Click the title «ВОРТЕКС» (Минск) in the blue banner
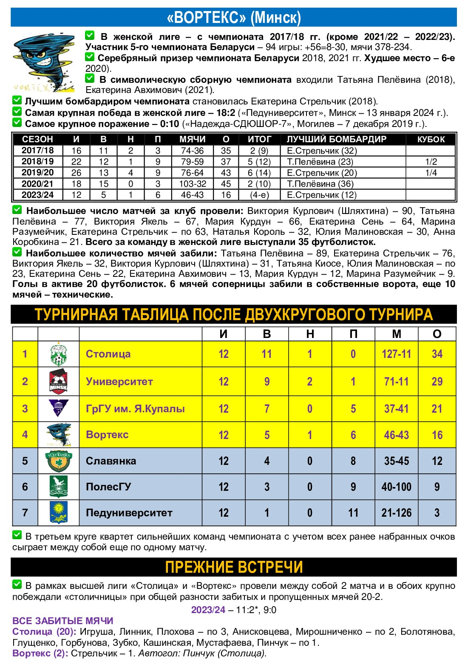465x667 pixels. [x=233, y=17]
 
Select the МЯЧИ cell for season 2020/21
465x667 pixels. [x=192, y=184]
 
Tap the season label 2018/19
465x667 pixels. [x=38, y=162]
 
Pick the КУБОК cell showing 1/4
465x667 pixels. [x=431, y=173]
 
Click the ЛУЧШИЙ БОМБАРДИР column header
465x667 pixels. [x=336, y=139]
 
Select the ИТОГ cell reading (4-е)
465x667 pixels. [x=259, y=195]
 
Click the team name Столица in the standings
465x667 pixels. [x=108, y=354]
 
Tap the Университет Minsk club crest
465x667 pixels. [x=58, y=381]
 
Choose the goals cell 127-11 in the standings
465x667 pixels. [x=396, y=354]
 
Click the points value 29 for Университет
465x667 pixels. [x=437, y=381]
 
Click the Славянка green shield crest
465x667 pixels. [x=58, y=461]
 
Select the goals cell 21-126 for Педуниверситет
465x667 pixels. [x=396, y=513]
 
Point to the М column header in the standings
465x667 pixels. [x=396, y=334]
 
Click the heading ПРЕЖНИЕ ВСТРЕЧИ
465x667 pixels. [x=233, y=567]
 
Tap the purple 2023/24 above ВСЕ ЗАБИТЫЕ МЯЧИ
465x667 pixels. [x=208, y=610]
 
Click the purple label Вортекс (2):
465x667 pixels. [x=40, y=653]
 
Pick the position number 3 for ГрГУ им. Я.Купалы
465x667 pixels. [x=25, y=408]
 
